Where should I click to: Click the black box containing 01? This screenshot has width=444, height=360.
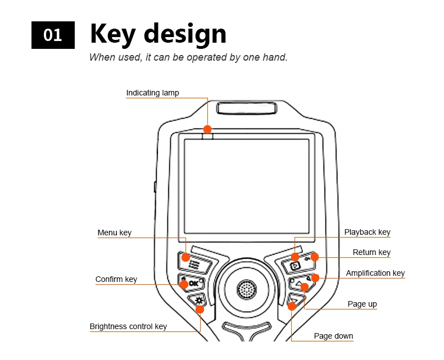pyautogui.click(x=53, y=35)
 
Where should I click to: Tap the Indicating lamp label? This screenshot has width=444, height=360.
pyautogui.click(x=152, y=93)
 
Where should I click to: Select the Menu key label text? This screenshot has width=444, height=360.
pyautogui.click(x=114, y=233)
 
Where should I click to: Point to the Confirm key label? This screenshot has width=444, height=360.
pyautogui.click(x=116, y=279)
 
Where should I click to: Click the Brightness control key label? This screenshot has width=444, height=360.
pyautogui.click(x=128, y=326)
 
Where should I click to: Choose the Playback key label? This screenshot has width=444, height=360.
pyautogui.click(x=367, y=232)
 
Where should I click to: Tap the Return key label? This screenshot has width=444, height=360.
pyautogui.click(x=371, y=252)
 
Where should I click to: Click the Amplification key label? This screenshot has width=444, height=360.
pyautogui.click(x=375, y=273)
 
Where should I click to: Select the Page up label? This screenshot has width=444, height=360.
pyautogui.click(x=362, y=304)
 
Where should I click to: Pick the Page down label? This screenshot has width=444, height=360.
pyautogui.click(x=333, y=336)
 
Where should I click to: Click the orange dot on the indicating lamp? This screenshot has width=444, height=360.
pyautogui.click(x=207, y=129)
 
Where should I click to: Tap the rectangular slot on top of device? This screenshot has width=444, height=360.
pyautogui.click(x=247, y=108)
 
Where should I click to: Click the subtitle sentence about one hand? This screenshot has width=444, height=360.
pyautogui.click(x=188, y=57)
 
